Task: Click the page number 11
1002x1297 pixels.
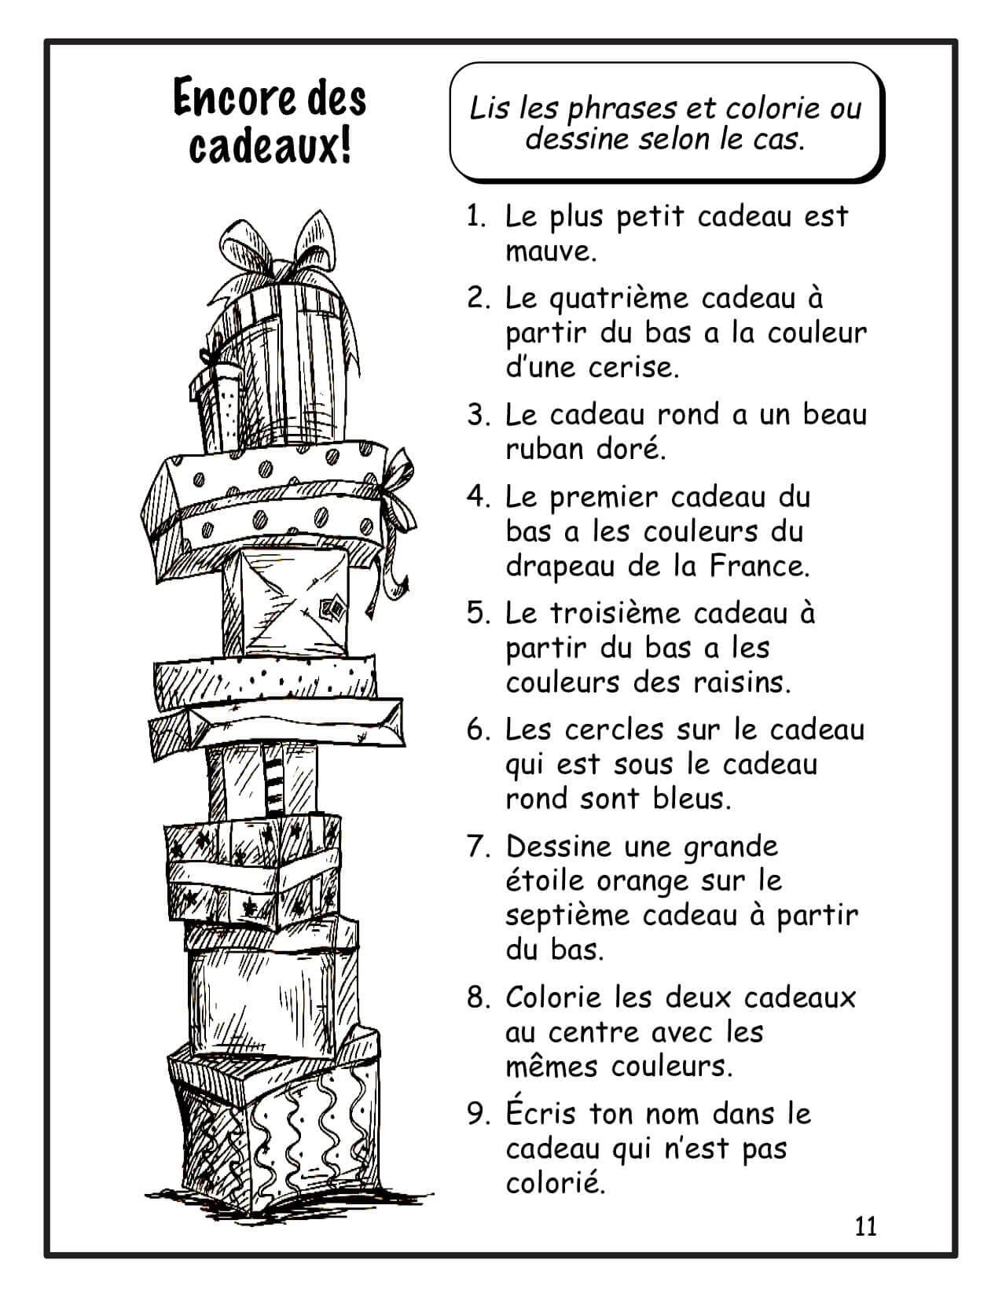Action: coord(866,1226)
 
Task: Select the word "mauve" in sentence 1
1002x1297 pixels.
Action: coord(549,252)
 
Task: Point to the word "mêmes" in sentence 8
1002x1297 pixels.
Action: coord(552,1066)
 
